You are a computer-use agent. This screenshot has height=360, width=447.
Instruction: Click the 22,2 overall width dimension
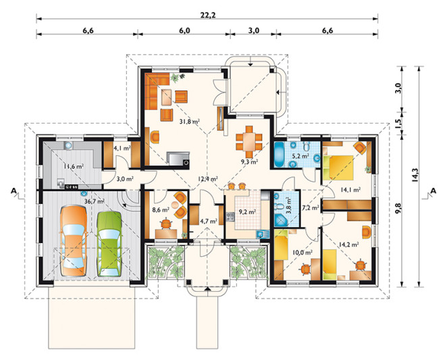coord(207,15)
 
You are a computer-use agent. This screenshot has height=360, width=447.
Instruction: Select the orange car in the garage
coord(74,240)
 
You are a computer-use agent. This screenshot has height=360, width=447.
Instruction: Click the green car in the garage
coord(109,244)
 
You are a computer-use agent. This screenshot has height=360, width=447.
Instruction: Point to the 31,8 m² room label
coord(189,122)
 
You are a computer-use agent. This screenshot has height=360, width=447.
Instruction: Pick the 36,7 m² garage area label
coord(95,201)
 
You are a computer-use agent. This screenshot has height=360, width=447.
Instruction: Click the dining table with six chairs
coord(249,142)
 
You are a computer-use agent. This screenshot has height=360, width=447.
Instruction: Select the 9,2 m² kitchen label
coord(247,211)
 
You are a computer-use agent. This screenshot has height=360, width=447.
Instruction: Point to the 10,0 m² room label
coord(303,252)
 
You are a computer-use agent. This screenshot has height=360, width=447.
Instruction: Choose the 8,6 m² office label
coord(161,210)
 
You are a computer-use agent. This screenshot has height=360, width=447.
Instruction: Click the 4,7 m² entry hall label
coord(209,221)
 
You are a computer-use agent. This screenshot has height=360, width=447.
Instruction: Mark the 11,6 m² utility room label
coord(74,166)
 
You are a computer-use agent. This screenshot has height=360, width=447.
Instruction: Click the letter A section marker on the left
coord(14,190)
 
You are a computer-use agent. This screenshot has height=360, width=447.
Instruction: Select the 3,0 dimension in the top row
coord(253,30)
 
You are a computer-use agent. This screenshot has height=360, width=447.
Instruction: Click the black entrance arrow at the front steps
coord(207,288)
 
